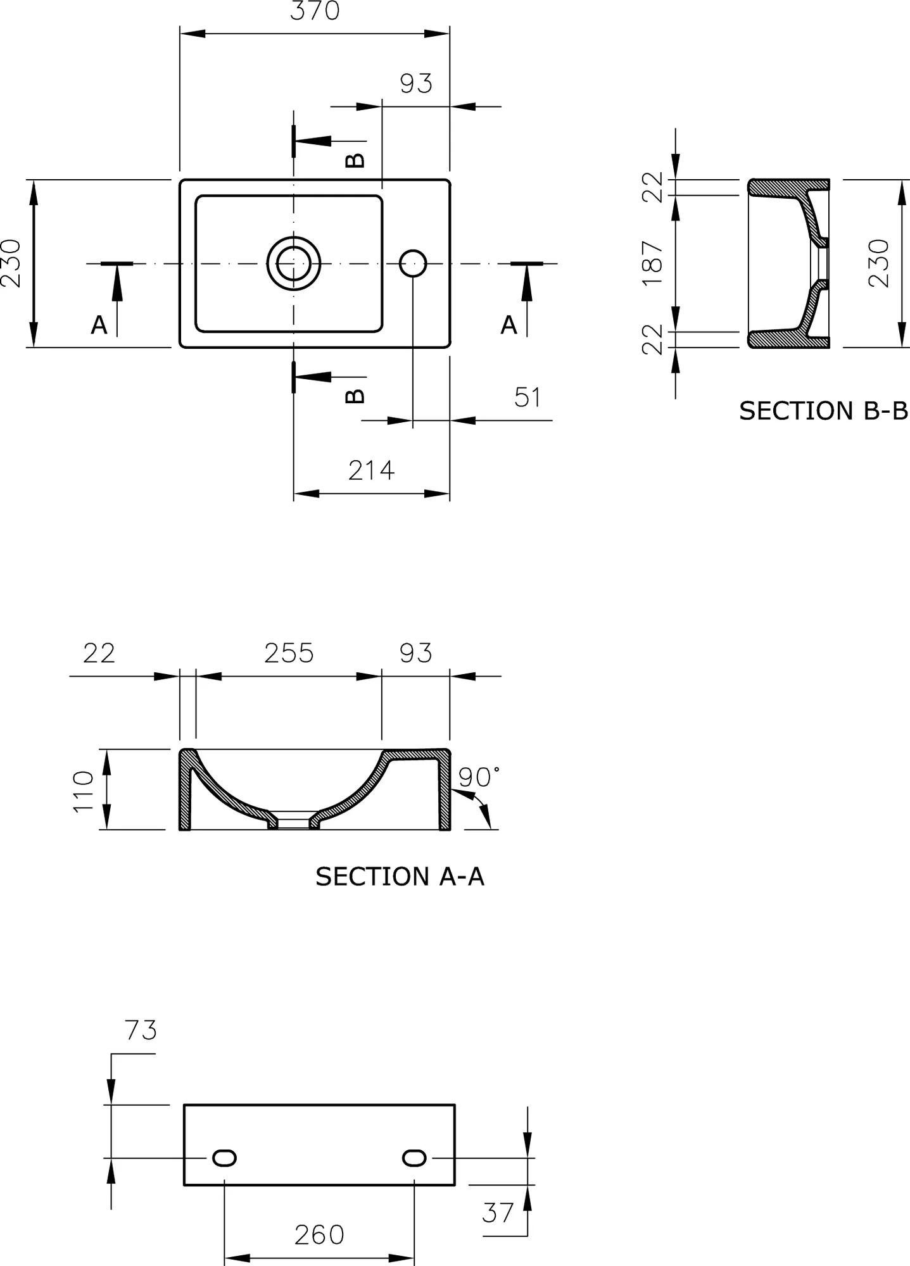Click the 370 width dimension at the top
coord(315,11)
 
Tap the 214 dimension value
coord(371,470)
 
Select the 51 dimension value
coord(528,397)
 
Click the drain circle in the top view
coord(294,263)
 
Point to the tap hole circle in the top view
coord(413,263)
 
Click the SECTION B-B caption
coord(823,411)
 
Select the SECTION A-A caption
coord(400,877)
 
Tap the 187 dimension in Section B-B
coord(652,263)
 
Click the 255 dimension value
coord(289,653)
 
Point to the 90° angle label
coord(478,777)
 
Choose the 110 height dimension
coord(84,791)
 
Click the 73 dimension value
coord(141,1031)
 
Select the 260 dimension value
coord(319,1235)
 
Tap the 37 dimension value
coord(498,1213)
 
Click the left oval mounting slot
coord(224,1158)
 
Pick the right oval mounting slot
coord(414,1158)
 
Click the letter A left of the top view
coord(99,325)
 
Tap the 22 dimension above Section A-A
coord(99,653)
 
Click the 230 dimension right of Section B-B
coord(879,263)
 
